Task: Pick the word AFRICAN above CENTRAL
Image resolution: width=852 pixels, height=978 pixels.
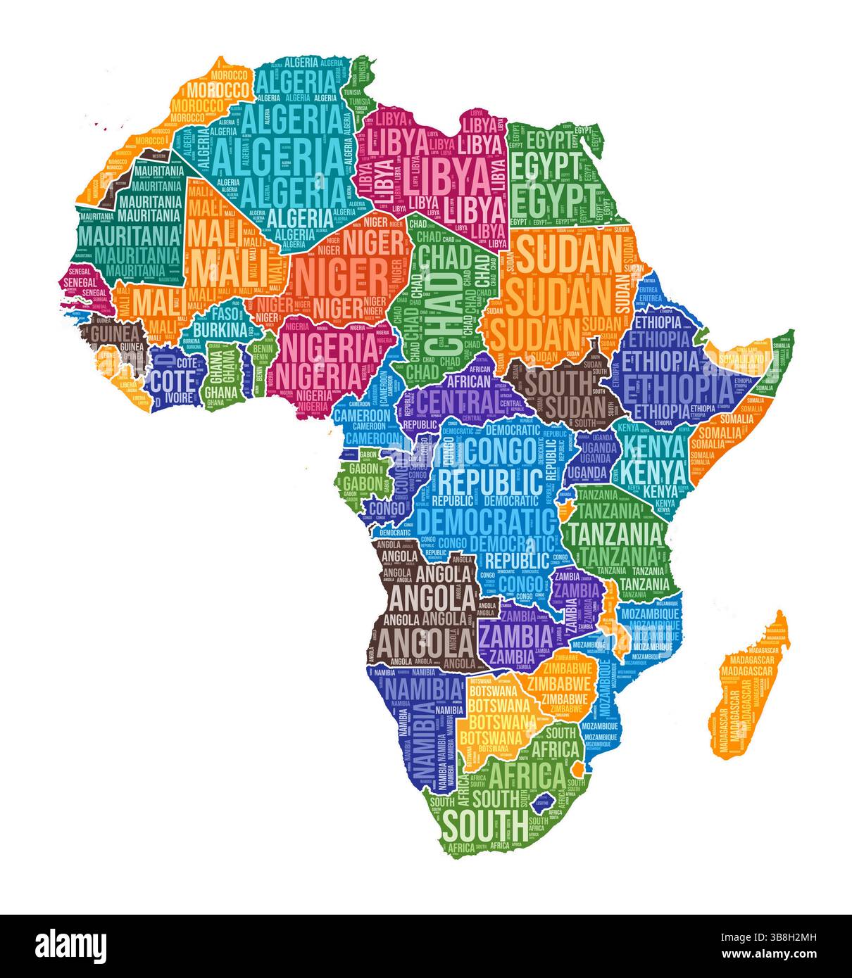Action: coord(470,381)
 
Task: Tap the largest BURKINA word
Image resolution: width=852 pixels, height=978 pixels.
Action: coord(220,329)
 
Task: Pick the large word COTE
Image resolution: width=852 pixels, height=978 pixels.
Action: coord(173,381)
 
